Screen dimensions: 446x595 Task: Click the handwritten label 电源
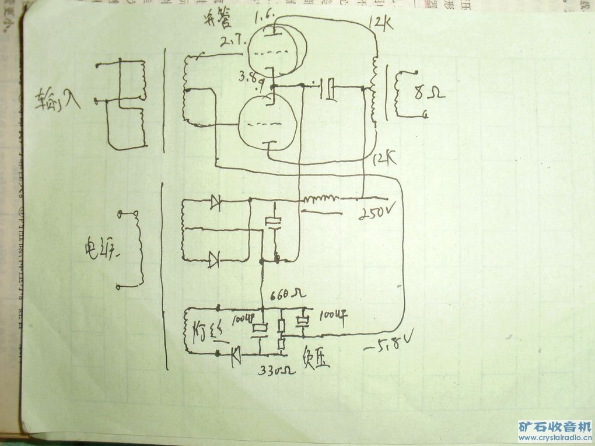100,251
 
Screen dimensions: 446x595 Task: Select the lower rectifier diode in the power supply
214,257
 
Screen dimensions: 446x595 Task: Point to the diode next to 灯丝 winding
236,353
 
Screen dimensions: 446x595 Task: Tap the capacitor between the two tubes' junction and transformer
330,89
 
